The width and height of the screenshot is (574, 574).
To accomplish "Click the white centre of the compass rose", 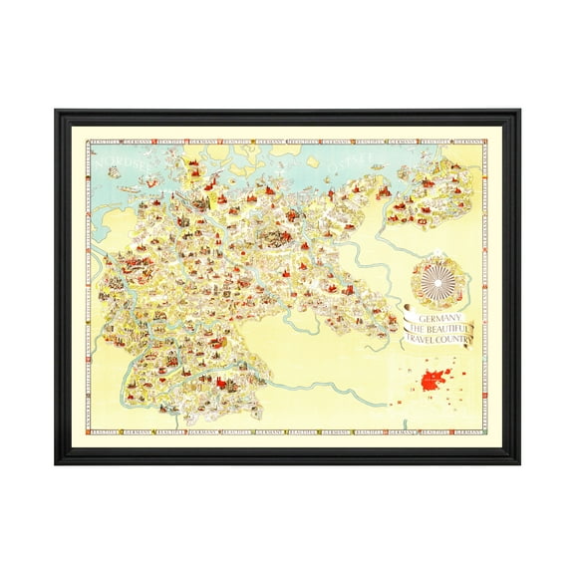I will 439,276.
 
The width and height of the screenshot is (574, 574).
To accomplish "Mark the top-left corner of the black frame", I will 56,111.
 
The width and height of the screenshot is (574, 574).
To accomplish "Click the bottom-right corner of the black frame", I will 518,462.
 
